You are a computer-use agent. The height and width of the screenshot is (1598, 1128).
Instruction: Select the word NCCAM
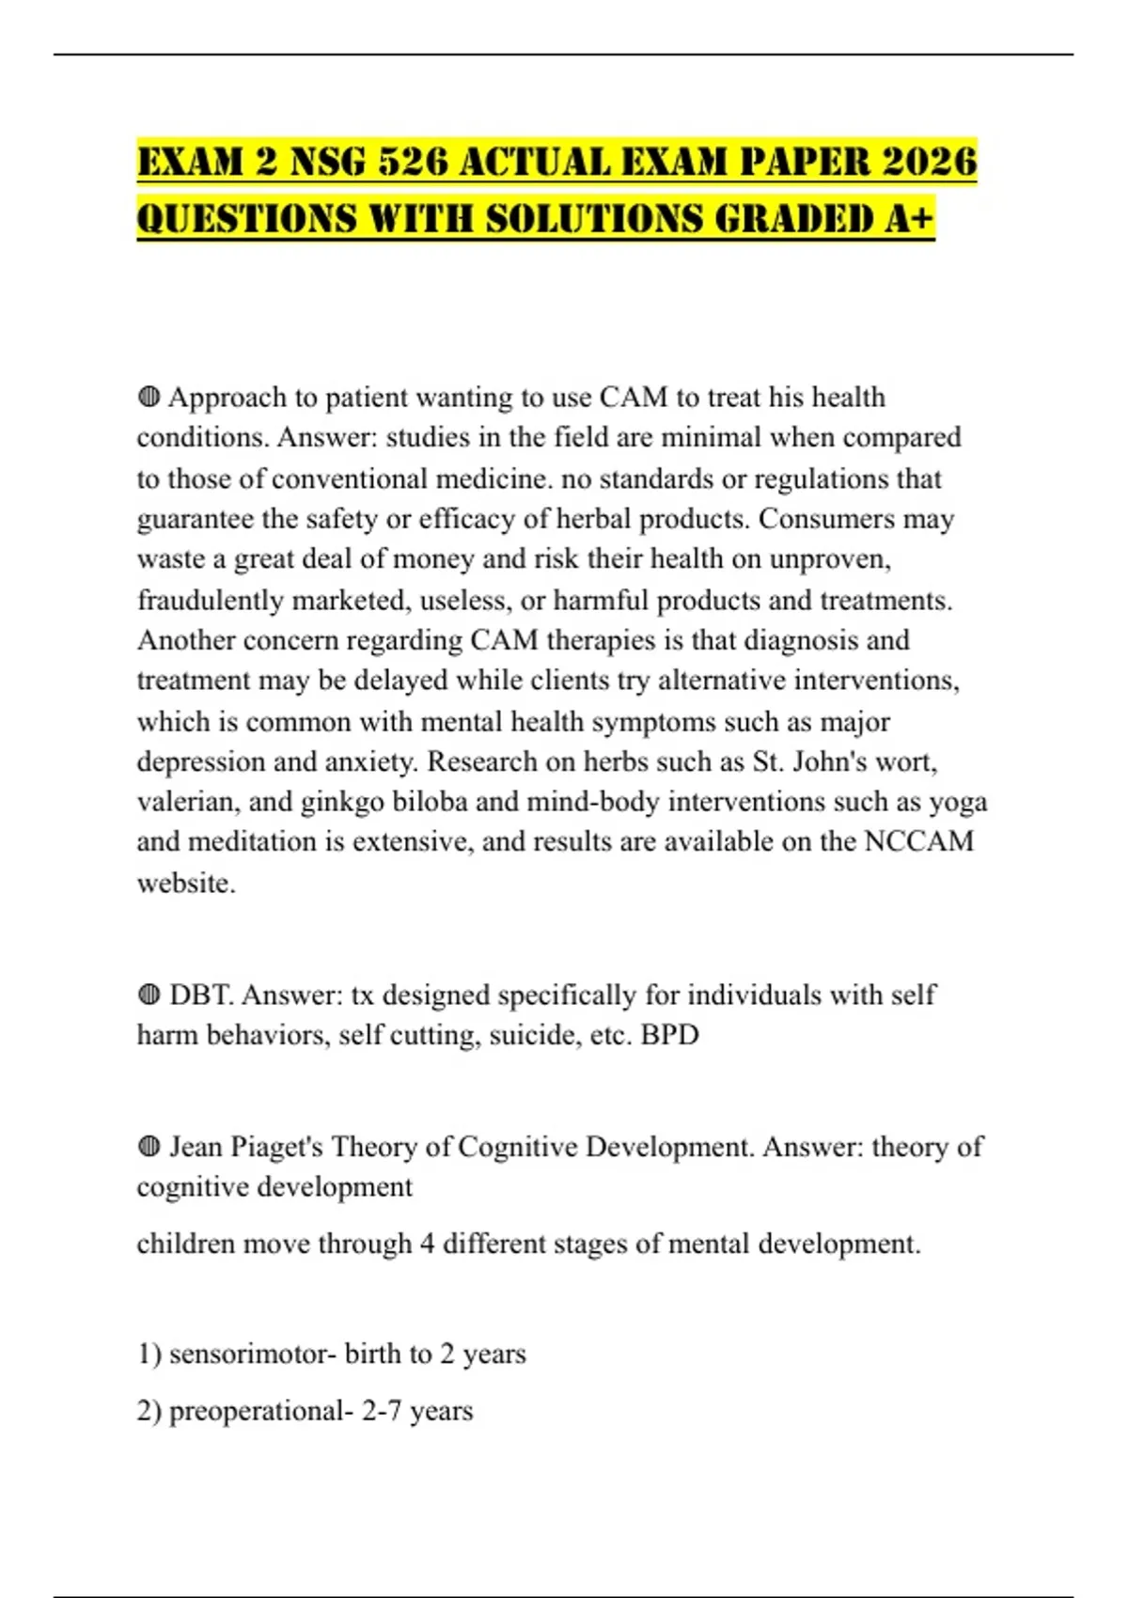(x=918, y=841)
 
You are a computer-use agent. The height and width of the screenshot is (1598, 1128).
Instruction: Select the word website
(x=185, y=883)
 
